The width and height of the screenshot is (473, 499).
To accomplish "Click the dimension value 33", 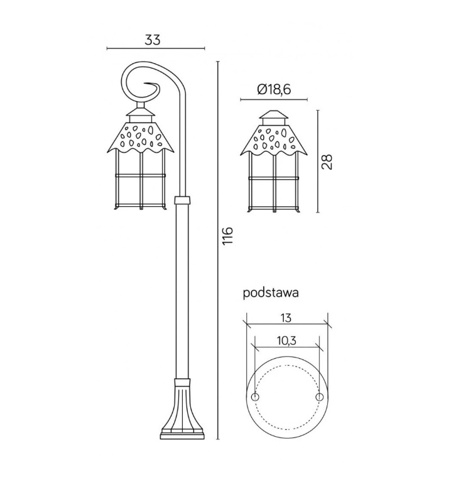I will coord(153,40).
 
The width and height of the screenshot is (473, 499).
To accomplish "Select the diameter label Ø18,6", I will coord(274,90).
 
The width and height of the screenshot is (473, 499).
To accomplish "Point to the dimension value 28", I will coord(327,162).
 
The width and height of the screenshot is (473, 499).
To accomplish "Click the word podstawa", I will coord(269,293).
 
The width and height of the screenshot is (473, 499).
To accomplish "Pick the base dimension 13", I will coord(286,318).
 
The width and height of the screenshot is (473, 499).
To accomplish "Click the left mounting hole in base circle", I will coord(255,398).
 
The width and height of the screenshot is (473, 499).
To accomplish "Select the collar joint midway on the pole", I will coord(182,200).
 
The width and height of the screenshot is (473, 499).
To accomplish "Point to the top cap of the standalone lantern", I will coord(273,117).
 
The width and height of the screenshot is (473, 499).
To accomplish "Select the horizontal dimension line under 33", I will coord(156,48).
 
